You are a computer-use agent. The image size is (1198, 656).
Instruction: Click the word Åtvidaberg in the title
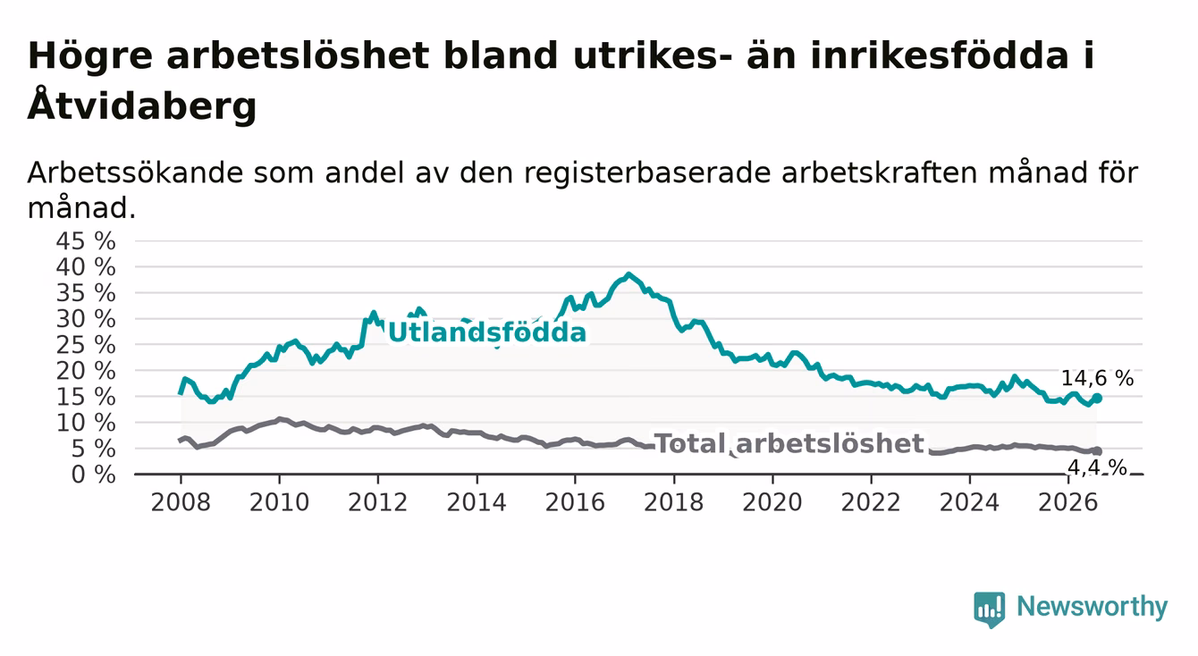[142, 105]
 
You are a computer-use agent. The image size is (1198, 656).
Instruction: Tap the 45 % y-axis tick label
[86, 241]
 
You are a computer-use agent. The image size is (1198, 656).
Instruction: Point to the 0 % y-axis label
[93, 475]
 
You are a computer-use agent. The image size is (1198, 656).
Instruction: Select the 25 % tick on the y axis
[86, 345]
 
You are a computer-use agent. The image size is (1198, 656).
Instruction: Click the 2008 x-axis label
[181, 502]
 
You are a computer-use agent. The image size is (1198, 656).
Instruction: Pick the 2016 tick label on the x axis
[575, 502]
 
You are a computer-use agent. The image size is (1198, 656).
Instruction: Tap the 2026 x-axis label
[1068, 502]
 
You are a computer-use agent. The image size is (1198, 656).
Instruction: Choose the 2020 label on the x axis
[772, 502]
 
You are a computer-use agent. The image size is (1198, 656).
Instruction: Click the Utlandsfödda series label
[487, 332]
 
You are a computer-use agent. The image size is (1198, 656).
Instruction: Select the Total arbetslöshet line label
[789, 444]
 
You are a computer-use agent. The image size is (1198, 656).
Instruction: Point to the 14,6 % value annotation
[1098, 379]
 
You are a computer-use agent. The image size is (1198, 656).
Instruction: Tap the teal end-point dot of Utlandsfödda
[1097, 399]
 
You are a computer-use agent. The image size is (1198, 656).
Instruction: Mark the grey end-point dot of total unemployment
[1097, 451]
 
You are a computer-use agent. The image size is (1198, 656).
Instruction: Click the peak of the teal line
[629, 274]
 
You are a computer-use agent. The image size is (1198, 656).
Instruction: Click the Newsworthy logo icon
[990, 610]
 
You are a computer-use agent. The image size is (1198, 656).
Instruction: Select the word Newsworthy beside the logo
[1093, 607]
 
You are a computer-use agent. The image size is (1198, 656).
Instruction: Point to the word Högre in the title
[89, 56]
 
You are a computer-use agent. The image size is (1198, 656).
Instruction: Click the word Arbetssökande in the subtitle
[135, 172]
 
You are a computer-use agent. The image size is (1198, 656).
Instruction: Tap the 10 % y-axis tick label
[86, 424]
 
